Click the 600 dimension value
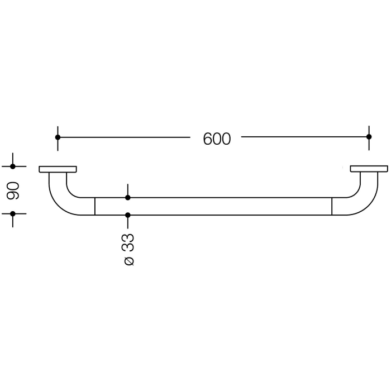217,139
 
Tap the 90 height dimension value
13,190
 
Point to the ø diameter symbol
128,260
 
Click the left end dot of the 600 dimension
58,137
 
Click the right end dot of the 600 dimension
369,137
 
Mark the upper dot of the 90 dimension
13,166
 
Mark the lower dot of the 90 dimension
13,213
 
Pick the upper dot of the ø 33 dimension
128,197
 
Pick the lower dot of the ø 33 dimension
128,215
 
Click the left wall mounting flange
58,169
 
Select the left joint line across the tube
95,206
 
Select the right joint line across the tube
332,206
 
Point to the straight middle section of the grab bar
223,206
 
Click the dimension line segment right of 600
304,137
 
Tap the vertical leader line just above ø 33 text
128,223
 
